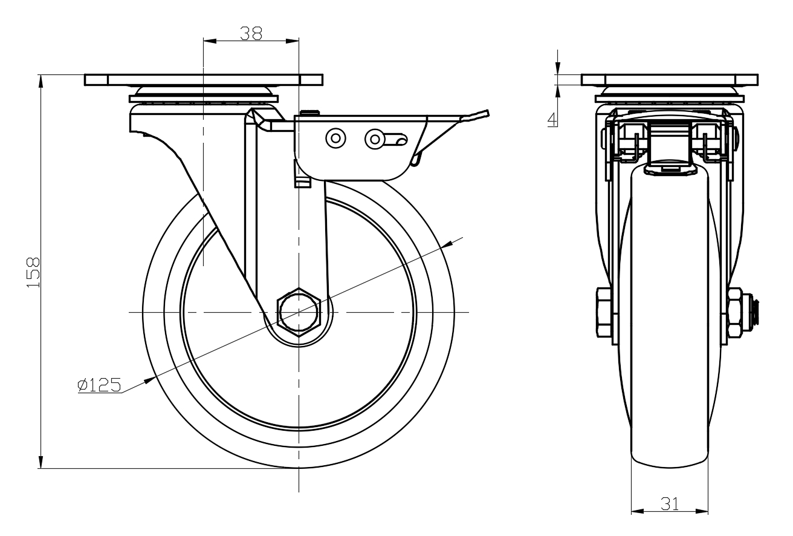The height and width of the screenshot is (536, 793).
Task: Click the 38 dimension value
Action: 251,33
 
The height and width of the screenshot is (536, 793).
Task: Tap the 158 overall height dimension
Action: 33,272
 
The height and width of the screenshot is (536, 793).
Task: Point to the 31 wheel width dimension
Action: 670,503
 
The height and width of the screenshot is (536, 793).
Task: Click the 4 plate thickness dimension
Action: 552,119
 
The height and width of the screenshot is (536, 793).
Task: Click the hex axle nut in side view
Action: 298,312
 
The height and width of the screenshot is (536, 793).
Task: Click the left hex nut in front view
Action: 604,312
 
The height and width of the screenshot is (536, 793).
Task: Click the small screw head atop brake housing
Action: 309,112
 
